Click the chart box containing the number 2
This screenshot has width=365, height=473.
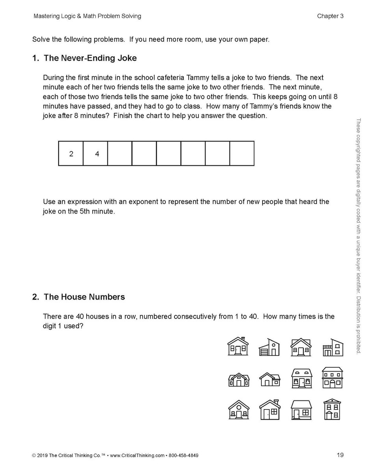[71, 154]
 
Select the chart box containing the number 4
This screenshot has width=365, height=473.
[95, 154]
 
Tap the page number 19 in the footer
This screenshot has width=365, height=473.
[340, 455]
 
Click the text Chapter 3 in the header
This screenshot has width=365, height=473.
[330, 16]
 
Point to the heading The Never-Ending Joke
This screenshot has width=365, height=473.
[90, 58]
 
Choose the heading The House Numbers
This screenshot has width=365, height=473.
[84, 297]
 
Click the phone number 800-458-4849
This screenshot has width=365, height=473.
[183, 456]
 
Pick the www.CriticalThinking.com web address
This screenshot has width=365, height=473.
[137, 456]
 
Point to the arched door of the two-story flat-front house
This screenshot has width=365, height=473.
[332, 384]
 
